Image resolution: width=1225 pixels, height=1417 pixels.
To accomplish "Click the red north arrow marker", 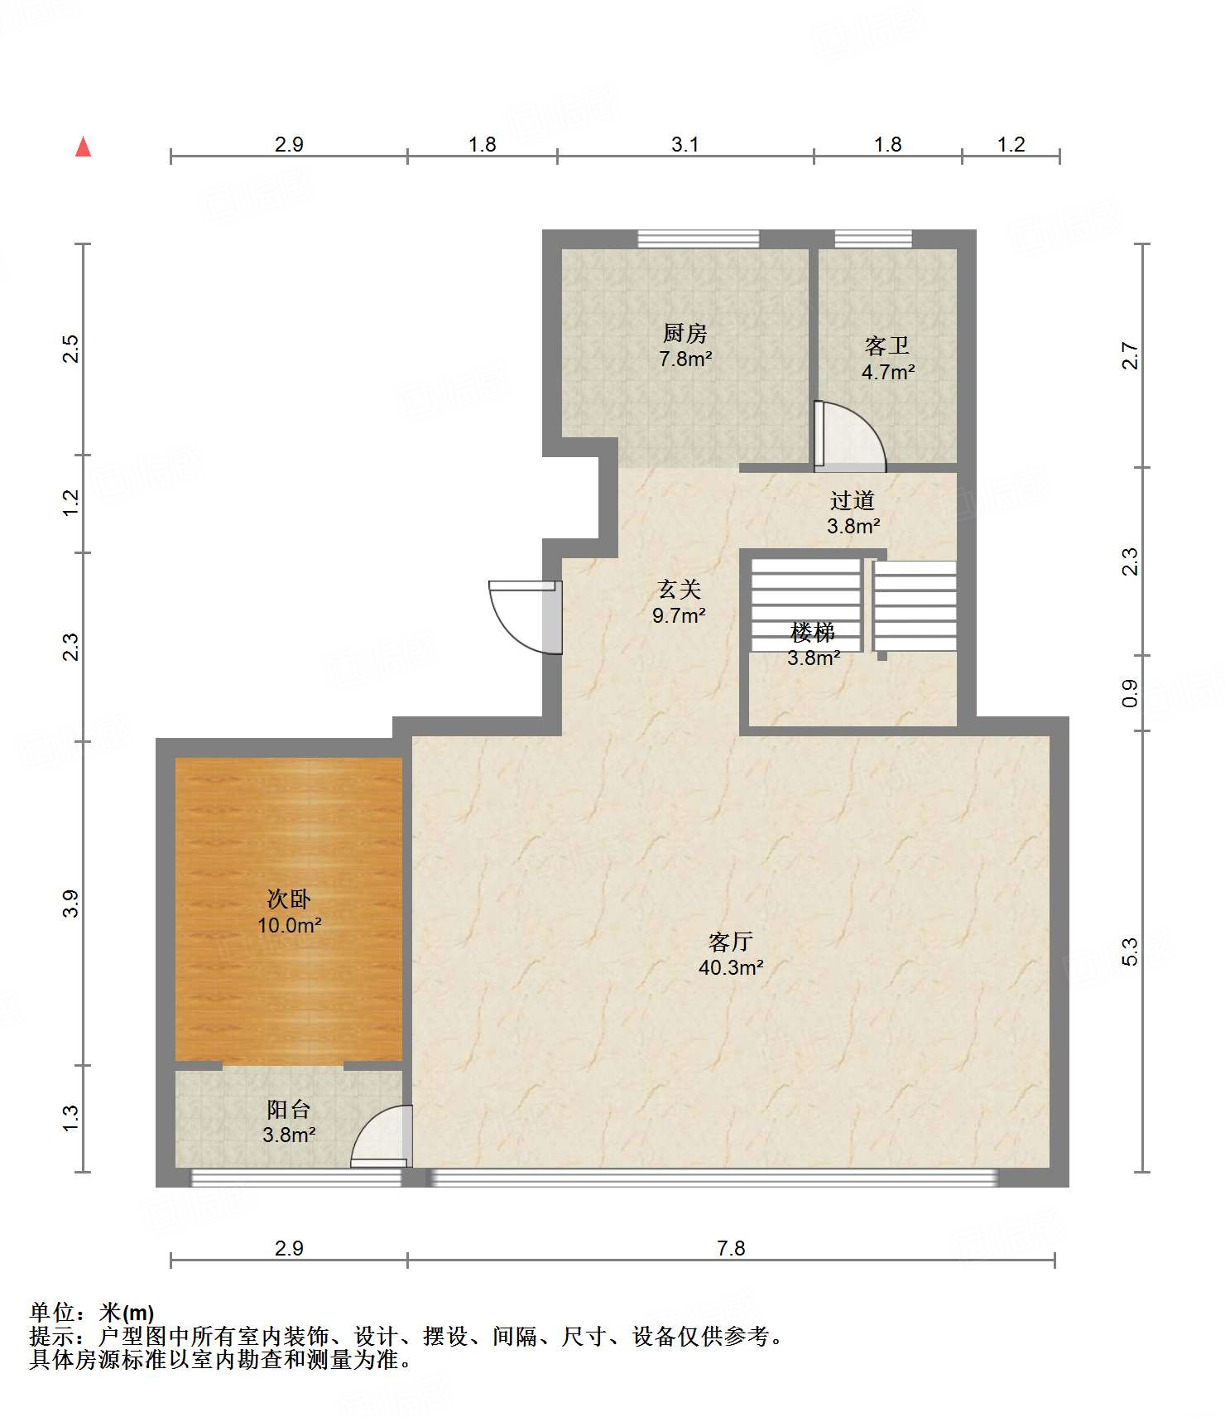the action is [x=83, y=147].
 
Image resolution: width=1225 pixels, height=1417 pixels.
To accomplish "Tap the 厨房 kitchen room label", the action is [x=685, y=333].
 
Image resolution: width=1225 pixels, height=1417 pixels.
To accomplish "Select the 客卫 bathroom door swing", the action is [x=849, y=436].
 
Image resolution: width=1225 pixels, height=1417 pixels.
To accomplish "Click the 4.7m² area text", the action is [x=888, y=372].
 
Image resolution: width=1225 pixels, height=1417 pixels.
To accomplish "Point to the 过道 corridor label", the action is [x=853, y=500].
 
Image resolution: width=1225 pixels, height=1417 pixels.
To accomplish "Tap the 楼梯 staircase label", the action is [x=813, y=633].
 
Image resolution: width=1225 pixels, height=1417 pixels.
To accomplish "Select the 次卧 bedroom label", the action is [x=289, y=899].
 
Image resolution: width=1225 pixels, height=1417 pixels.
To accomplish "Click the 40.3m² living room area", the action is [x=731, y=966].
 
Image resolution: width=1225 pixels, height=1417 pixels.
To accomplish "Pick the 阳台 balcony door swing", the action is [x=382, y=1135].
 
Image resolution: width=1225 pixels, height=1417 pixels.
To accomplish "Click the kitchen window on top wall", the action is [x=699, y=239].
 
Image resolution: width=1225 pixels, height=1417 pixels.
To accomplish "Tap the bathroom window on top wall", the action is [x=873, y=239].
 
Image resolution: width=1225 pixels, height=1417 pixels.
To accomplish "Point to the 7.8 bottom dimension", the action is [x=731, y=1248].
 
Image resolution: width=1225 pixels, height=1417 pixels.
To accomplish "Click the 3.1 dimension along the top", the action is [x=685, y=145].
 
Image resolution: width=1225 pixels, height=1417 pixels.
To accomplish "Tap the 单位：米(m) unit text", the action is [x=92, y=1313].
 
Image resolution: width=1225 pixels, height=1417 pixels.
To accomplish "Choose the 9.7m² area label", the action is [x=679, y=615].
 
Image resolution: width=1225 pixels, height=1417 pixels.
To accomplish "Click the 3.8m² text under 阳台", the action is [x=289, y=1135].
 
